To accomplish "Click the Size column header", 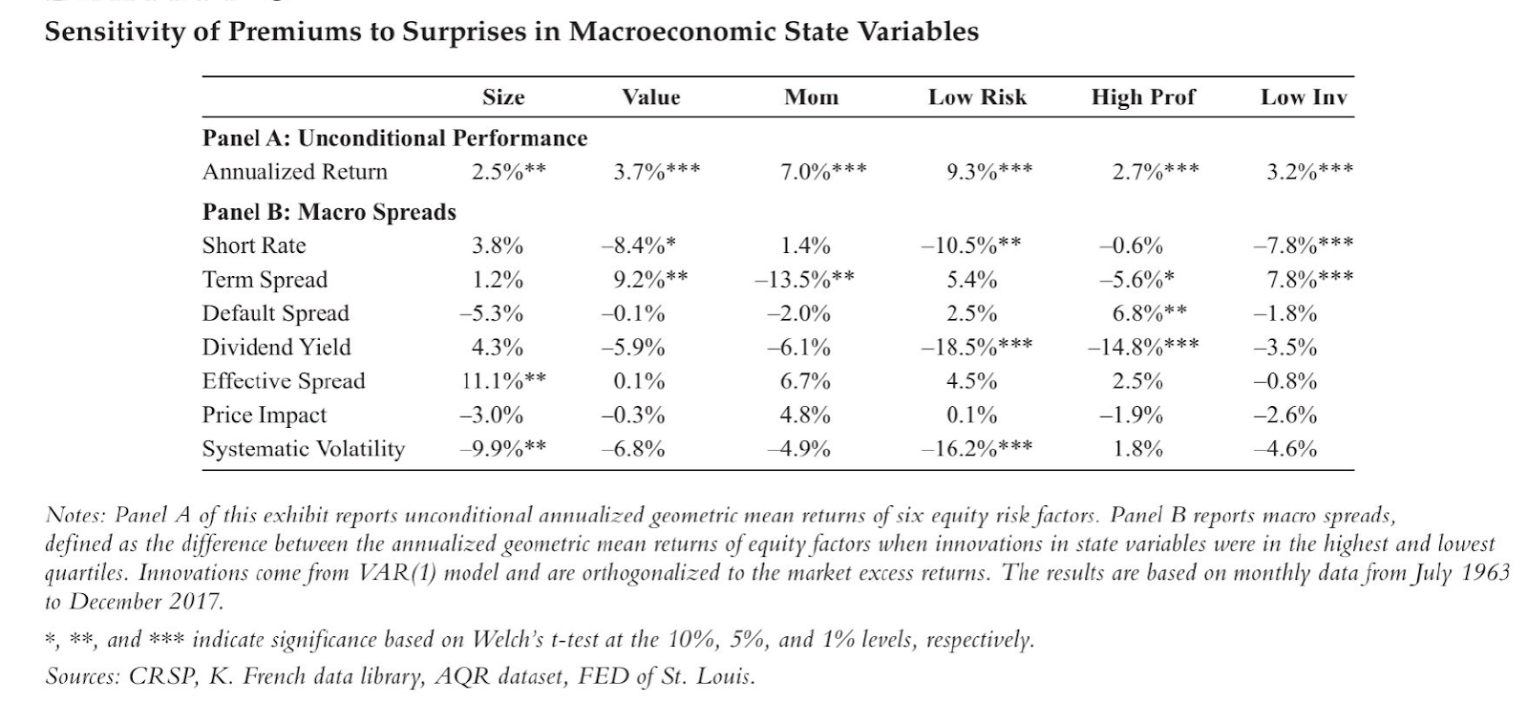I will pos(503,97).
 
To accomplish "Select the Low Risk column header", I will pos(977,97).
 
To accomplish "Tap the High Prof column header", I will pos(1143,97).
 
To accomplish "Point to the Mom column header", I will pos(811,97).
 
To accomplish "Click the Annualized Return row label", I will pos(295,172).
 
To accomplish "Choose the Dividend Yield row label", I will pos(276,348).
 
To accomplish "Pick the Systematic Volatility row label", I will pos(303,449).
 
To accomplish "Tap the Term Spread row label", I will pos(265,280).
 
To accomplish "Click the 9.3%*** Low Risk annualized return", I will pos(988,173).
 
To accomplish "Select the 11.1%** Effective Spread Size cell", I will pos(503,381).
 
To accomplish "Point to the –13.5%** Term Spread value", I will pos(804,280).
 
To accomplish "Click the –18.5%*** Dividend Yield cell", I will pos(976,348).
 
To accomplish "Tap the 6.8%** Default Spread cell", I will pos(1150,313).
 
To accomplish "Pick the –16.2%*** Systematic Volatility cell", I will pos(976,449).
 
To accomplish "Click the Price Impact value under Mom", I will pos(805,415).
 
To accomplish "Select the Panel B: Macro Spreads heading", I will pos(329,212).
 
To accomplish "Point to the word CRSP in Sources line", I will pos(159,677).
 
